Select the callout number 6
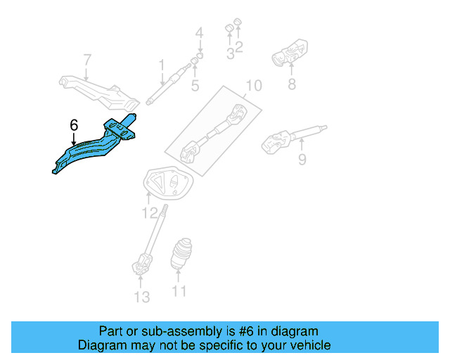tap(74, 125)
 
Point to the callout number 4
tap(199, 33)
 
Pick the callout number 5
tap(195, 86)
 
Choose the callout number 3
tap(230, 52)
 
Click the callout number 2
tap(239, 48)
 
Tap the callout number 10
tap(253, 86)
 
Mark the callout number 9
tap(302, 160)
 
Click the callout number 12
tap(148, 212)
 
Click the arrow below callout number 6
tap(74, 139)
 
